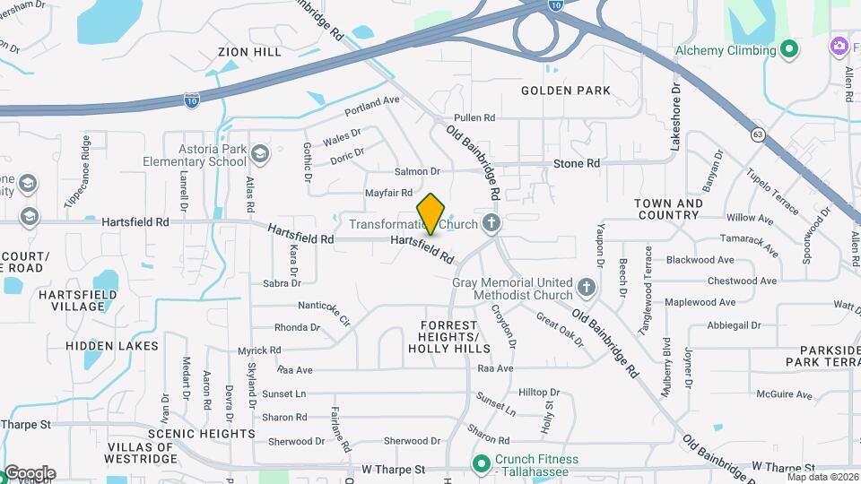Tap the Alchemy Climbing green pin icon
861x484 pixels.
point(790,49)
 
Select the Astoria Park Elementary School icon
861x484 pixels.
point(260,153)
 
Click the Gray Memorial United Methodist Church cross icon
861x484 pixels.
point(587,287)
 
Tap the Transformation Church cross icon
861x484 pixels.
point(491,222)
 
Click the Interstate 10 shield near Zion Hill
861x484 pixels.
point(192,99)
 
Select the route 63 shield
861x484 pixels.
point(759,135)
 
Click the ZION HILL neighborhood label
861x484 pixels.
point(249,53)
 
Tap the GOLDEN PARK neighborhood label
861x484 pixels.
point(566,91)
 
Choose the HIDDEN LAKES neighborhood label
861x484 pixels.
point(112,346)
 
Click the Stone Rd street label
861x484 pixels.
point(576,163)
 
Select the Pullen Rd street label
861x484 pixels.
point(474,117)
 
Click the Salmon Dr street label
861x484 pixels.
point(417,171)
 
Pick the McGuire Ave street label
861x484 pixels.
point(783,394)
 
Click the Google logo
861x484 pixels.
point(30,472)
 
